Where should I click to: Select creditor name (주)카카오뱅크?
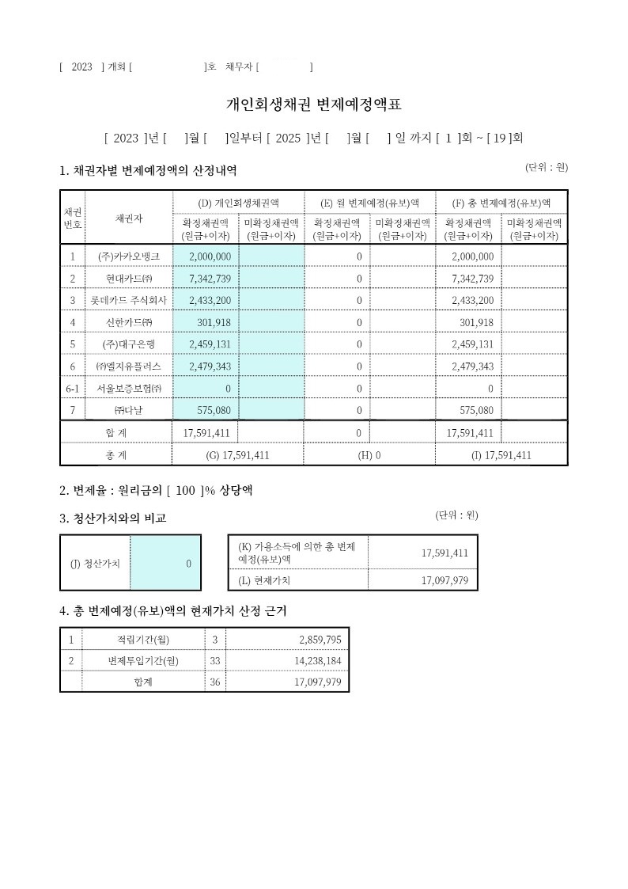129,256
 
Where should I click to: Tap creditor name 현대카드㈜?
129,279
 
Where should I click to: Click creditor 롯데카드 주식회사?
129,301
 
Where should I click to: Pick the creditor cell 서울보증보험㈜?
129,389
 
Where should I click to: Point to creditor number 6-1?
72,389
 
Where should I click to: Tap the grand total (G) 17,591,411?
237,455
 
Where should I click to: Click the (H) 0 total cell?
369,455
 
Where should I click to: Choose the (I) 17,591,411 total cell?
501,455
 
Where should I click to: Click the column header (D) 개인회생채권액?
238,203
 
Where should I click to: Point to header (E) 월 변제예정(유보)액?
369,203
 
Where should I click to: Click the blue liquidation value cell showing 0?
165,564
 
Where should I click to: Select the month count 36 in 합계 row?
215,682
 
